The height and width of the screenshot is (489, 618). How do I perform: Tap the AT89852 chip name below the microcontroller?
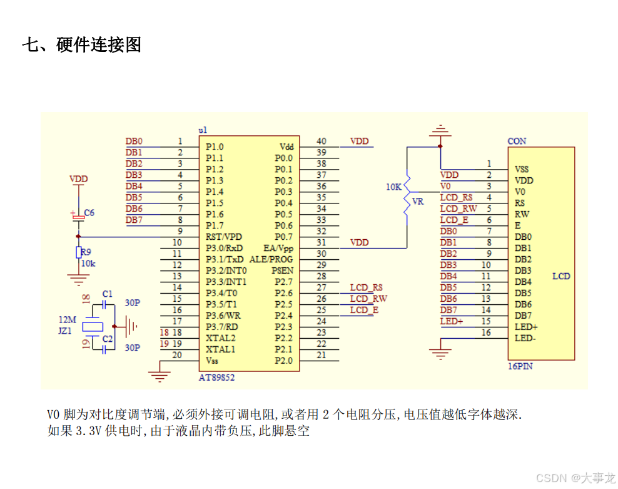(216, 378)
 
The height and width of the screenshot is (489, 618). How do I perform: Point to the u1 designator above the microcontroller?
(203, 130)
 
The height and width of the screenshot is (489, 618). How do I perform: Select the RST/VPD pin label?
(223, 237)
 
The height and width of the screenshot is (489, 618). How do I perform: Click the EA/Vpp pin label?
(278, 249)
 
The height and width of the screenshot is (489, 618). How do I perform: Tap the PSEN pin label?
(281, 270)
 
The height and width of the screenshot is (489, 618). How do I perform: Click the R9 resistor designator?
(86, 252)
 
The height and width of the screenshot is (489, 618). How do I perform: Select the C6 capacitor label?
(89, 213)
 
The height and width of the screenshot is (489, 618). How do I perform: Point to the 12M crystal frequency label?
(67, 319)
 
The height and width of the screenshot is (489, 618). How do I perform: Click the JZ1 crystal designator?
(66, 330)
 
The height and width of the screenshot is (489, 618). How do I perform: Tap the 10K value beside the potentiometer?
(393, 187)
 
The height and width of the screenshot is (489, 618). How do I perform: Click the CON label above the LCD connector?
(517, 142)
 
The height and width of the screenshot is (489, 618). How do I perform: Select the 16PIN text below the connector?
(520, 366)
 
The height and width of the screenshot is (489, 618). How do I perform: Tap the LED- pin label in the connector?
(525, 338)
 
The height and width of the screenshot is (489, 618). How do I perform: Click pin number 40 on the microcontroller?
(321, 142)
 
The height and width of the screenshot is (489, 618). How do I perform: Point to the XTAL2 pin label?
(221, 338)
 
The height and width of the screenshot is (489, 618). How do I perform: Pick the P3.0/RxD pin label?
(224, 249)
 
